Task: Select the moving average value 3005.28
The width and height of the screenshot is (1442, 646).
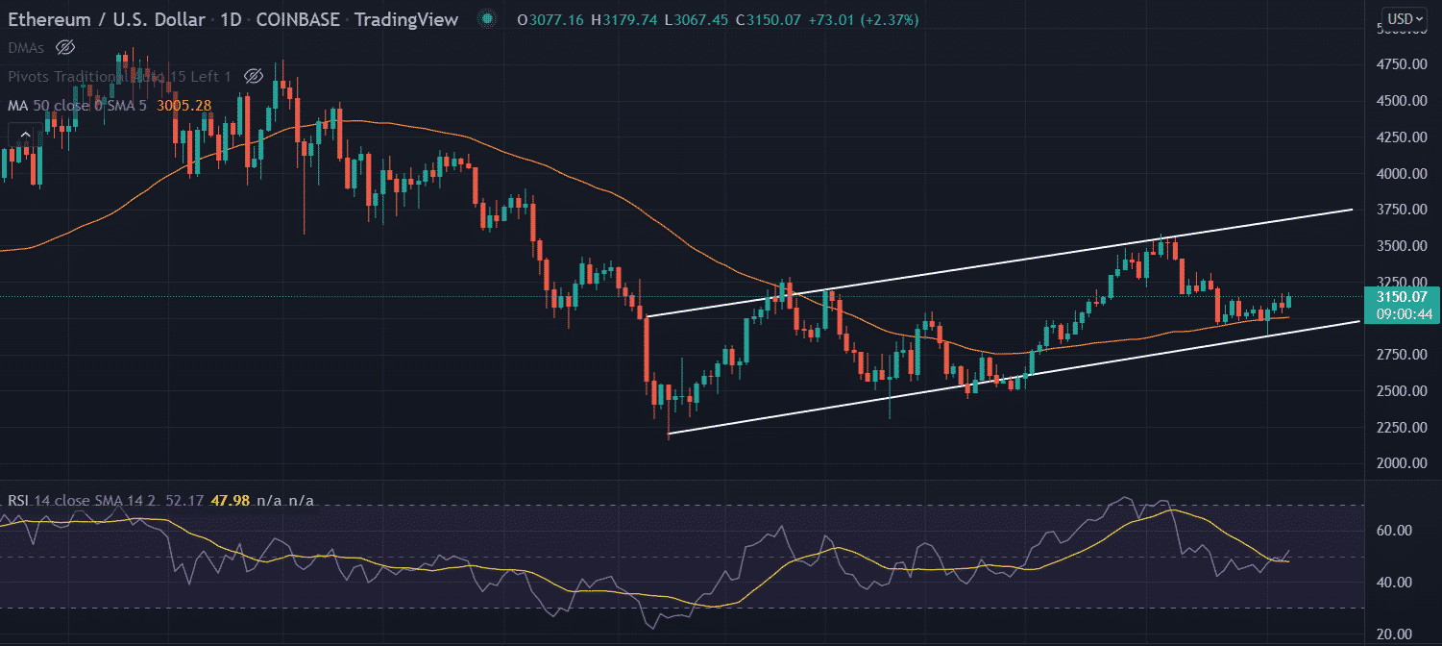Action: pos(183,105)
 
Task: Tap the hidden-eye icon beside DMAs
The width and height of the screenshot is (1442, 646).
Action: pos(64,47)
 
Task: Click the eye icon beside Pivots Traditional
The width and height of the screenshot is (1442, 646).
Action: pos(254,76)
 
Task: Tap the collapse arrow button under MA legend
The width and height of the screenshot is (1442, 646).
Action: pos(26,135)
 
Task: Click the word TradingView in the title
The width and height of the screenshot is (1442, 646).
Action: pos(407,19)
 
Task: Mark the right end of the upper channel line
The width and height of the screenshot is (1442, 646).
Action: pos(1353,209)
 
